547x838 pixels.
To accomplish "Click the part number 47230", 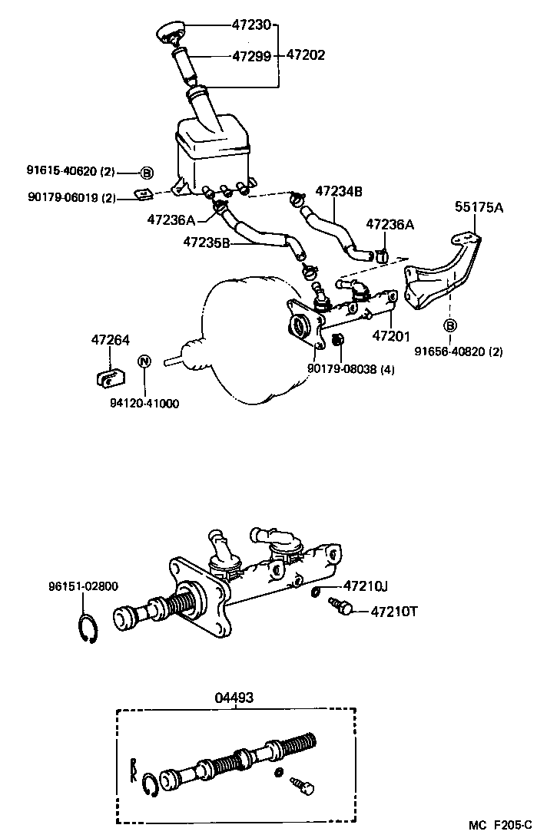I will [251, 25].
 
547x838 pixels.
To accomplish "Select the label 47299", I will [251, 55].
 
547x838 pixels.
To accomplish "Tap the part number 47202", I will [305, 55].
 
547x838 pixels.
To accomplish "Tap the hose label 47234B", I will [338, 192].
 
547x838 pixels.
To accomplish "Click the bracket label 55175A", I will [479, 206].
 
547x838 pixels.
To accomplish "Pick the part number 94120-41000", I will [144, 403].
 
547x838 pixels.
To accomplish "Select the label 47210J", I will [365, 586].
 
